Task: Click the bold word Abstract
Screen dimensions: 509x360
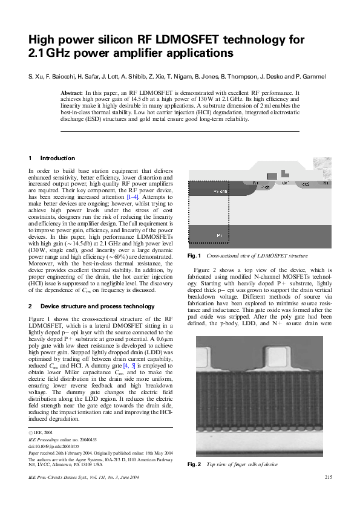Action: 72,92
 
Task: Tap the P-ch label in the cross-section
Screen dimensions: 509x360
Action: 265,188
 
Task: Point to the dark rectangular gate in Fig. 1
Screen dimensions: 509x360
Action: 272,175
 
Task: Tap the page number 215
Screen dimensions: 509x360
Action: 329,478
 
